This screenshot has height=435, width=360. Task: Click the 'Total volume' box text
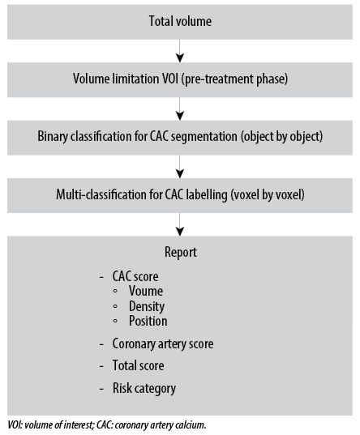[180, 21]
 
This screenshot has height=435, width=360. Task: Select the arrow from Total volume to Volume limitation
[180, 51]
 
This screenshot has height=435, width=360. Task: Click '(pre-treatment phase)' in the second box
[234, 79]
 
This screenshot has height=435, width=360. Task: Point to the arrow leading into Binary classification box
[180, 109]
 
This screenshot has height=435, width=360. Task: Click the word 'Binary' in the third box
[53, 137]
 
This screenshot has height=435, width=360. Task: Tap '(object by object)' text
[281, 137]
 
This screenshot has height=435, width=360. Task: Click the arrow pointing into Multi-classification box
[180, 166]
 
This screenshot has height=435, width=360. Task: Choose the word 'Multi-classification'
[101, 194]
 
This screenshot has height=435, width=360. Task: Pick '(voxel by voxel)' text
[268, 194]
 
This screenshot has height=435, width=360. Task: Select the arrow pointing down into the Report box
[180, 224]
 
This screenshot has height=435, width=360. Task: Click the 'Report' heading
[181, 253]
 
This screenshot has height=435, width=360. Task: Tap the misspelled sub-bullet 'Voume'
[146, 292]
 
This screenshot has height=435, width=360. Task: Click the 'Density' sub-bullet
[147, 306]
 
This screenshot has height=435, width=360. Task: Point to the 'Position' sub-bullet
[148, 321]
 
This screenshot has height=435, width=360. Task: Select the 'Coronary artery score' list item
[163, 344]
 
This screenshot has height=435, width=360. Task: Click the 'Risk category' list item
[144, 388]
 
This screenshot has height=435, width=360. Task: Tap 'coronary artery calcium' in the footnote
[160, 425]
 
